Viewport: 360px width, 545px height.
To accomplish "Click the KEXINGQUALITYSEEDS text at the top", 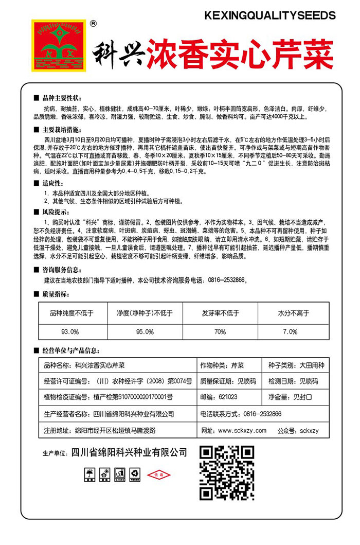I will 269,15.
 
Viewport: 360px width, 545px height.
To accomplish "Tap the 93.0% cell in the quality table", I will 70,331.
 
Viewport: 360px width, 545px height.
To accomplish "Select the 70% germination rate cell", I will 220,331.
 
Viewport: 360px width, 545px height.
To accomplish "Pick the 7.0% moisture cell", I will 290,331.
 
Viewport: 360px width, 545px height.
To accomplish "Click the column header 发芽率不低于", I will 220,312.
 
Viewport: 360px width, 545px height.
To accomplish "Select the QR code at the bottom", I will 227,472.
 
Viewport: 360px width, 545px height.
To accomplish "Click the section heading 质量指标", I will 57,294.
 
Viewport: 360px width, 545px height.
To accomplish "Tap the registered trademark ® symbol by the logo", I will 93,23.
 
